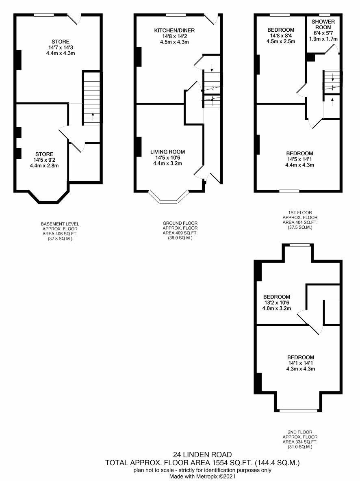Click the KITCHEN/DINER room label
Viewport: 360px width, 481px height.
(x=174, y=30)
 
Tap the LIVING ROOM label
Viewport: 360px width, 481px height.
(x=167, y=152)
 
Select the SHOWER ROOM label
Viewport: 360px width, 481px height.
(x=323, y=24)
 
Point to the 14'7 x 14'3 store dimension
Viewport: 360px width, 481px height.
(x=61, y=48)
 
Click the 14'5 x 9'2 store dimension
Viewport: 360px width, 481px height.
(x=44, y=160)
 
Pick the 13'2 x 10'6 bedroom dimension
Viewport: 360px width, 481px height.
(x=277, y=303)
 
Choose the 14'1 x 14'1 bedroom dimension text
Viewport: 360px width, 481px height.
(x=300, y=363)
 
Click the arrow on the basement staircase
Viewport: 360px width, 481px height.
(x=93, y=116)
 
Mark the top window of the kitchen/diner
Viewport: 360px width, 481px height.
(x=176, y=15)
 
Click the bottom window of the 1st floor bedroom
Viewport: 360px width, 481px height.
(x=289, y=191)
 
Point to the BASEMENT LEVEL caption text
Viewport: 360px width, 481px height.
(x=60, y=224)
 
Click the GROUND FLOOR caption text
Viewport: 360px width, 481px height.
(x=180, y=223)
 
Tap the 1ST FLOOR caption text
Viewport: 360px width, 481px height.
(x=300, y=212)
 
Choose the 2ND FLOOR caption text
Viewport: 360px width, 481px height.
(x=300, y=432)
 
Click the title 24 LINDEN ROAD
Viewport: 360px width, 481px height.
(x=202, y=455)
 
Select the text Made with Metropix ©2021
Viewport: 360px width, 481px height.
(x=202, y=477)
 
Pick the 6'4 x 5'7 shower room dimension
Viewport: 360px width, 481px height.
(x=323, y=33)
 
